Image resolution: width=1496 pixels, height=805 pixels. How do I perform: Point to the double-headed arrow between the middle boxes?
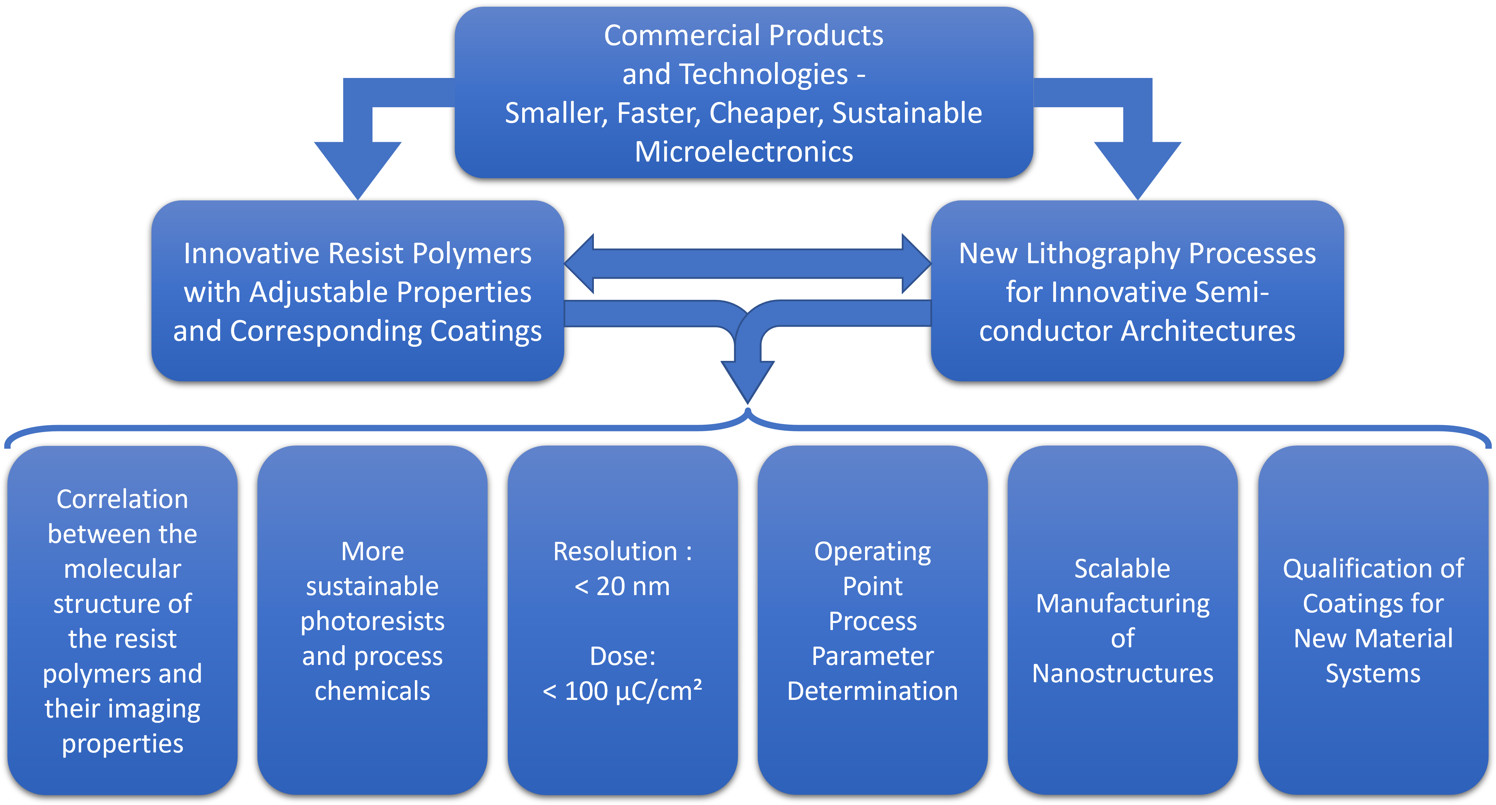point(747,264)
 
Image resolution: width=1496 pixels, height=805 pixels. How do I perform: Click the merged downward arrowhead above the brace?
point(747,380)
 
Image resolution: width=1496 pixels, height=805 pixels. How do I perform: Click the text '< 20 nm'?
point(622,586)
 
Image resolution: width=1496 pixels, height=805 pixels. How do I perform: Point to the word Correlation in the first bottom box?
point(123,499)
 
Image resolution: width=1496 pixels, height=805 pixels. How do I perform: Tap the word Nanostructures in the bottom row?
point(1122,674)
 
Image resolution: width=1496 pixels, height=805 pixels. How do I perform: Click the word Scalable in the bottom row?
point(1122,569)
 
